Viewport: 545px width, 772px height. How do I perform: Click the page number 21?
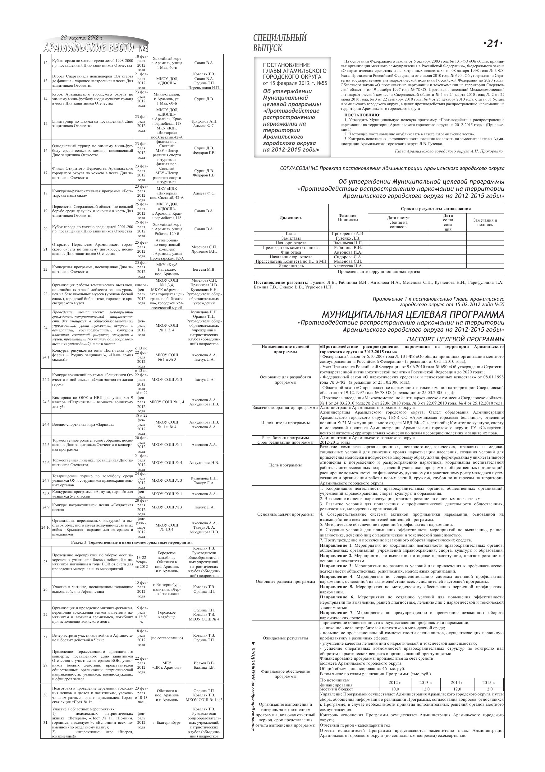click(x=492, y=43)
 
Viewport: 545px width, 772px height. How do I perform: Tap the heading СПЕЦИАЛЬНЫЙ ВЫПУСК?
click(x=280, y=43)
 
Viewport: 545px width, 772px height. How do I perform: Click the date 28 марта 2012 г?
click(x=82, y=38)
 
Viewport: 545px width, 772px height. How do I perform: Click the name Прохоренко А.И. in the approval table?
click(x=348, y=234)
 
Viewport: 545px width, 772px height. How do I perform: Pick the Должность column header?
click(x=291, y=218)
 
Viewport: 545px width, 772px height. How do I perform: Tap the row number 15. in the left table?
click(x=46, y=124)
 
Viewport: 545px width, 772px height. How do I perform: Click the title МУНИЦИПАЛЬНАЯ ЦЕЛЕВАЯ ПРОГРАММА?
click(x=413, y=314)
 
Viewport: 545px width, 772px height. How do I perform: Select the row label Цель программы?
click(x=286, y=465)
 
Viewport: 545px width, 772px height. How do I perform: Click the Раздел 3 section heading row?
click(x=132, y=542)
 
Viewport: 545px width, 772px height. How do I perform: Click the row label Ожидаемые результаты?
click(x=286, y=638)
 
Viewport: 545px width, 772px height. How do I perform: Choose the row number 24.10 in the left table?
click(x=46, y=527)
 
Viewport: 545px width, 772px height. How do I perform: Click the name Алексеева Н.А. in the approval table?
click(x=348, y=266)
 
